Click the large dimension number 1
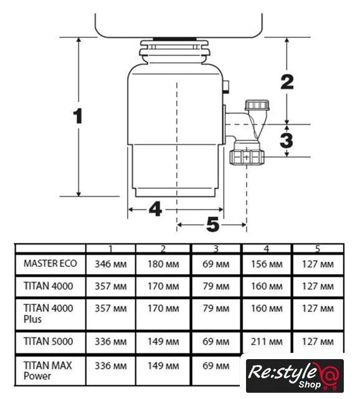pyautogui.click(x=78, y=116)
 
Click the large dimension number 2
pyautogui.click(x=287, y=82)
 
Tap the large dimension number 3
pyautogui.click(x=287, y=140)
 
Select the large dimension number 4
pyautogui.click(x=155, y=209)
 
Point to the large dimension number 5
pyautogui.click(x=213, y=224)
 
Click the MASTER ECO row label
pyautogui.click(x=50, y=264)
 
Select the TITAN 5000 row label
pyautogui.click(x=49, y=341)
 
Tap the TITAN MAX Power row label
pyautogui.click(x=47, y=370)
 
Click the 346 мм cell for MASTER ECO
pyautogui.click(x=111, y=264)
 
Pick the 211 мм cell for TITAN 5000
pyautogui.click(x=267, y=342)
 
